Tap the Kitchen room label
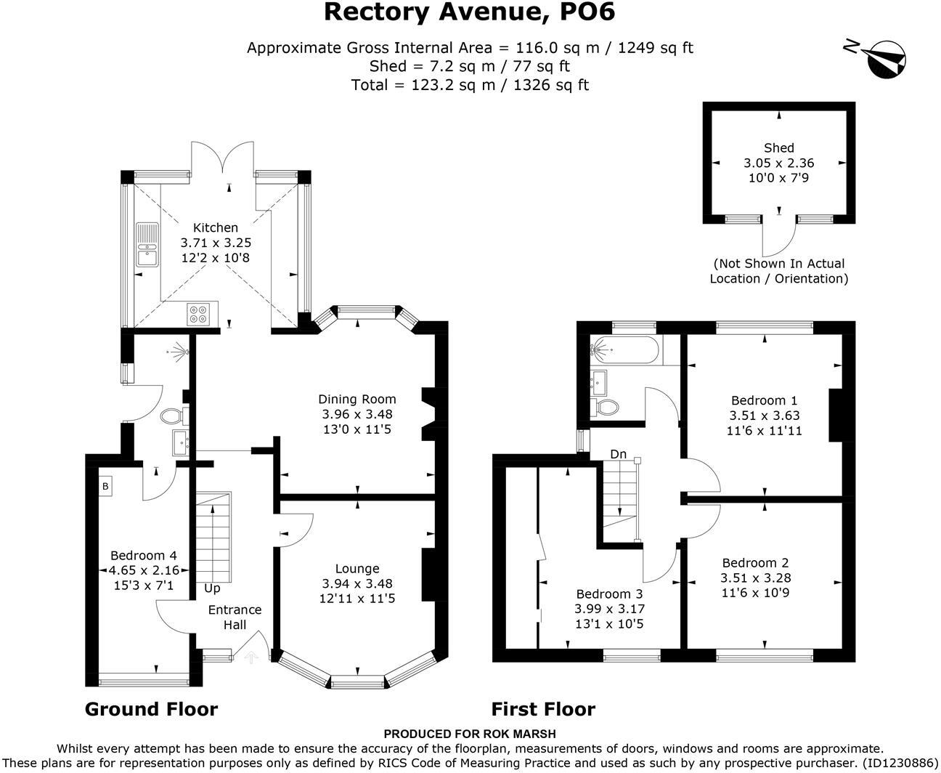click(216, 227)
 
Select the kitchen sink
click(147, 245)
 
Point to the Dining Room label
click(357, 399)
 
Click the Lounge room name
click(357, 569)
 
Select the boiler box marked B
click(105, 486)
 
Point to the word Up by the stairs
click(212, 588)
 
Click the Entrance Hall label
click(235, 617)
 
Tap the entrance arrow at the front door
click(251, 657)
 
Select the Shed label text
click(778, 147)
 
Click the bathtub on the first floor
click(624, 350)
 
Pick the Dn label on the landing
click(618, 454)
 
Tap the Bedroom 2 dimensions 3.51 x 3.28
click(755, 578)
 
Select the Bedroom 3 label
click(609, 594)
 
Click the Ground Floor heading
click(151, 709)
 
